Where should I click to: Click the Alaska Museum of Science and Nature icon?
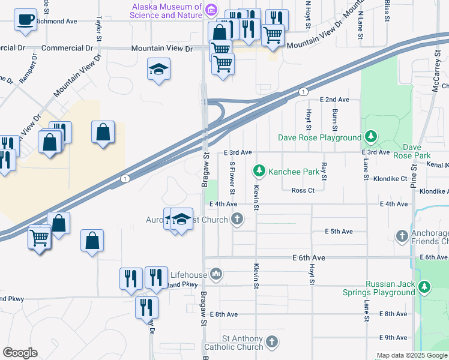click(211, 10)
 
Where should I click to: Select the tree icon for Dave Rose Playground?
click(371, 137)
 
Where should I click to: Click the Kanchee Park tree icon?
click(259, 172)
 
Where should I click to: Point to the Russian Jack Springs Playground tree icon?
click(424, 287)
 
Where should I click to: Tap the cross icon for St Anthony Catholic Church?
click(272, 341)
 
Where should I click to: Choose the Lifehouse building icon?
click(217, 275)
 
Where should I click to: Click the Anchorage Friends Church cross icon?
click(402, 236)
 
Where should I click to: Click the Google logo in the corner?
click(20, 353)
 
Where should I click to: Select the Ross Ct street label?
click(303, 190)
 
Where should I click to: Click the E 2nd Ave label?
click(334, 99)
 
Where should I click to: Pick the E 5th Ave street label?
click(339, 231)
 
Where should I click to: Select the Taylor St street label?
click(98, 28)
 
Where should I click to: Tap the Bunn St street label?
click(334, 119)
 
